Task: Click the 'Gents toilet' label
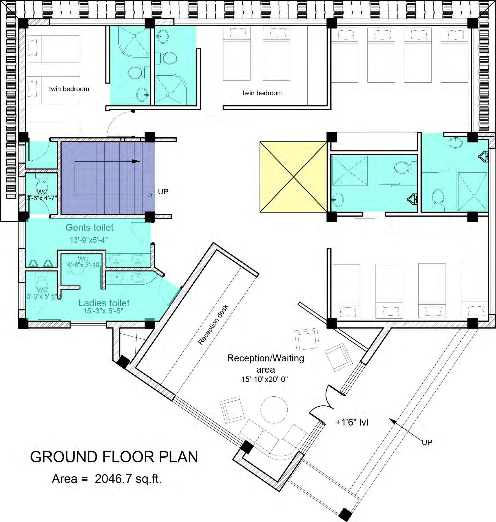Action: [90, 227]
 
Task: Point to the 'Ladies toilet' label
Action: [104, 303]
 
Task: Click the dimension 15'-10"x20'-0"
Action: [264, 379]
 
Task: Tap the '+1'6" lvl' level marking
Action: [352, 422]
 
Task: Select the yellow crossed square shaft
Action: [294, 177]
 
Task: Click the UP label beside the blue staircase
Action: [163, 191]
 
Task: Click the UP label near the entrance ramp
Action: [427, 442]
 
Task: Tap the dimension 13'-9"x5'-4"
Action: [89, 240]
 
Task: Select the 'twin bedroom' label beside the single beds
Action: [69, 89]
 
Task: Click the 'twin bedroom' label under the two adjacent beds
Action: [262, 93]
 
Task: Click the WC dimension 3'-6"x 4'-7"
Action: [42, 198]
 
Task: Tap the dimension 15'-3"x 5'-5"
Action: [103, 311]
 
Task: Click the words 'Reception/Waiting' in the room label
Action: [266, 358]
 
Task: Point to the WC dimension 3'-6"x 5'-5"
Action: [42, 296]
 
